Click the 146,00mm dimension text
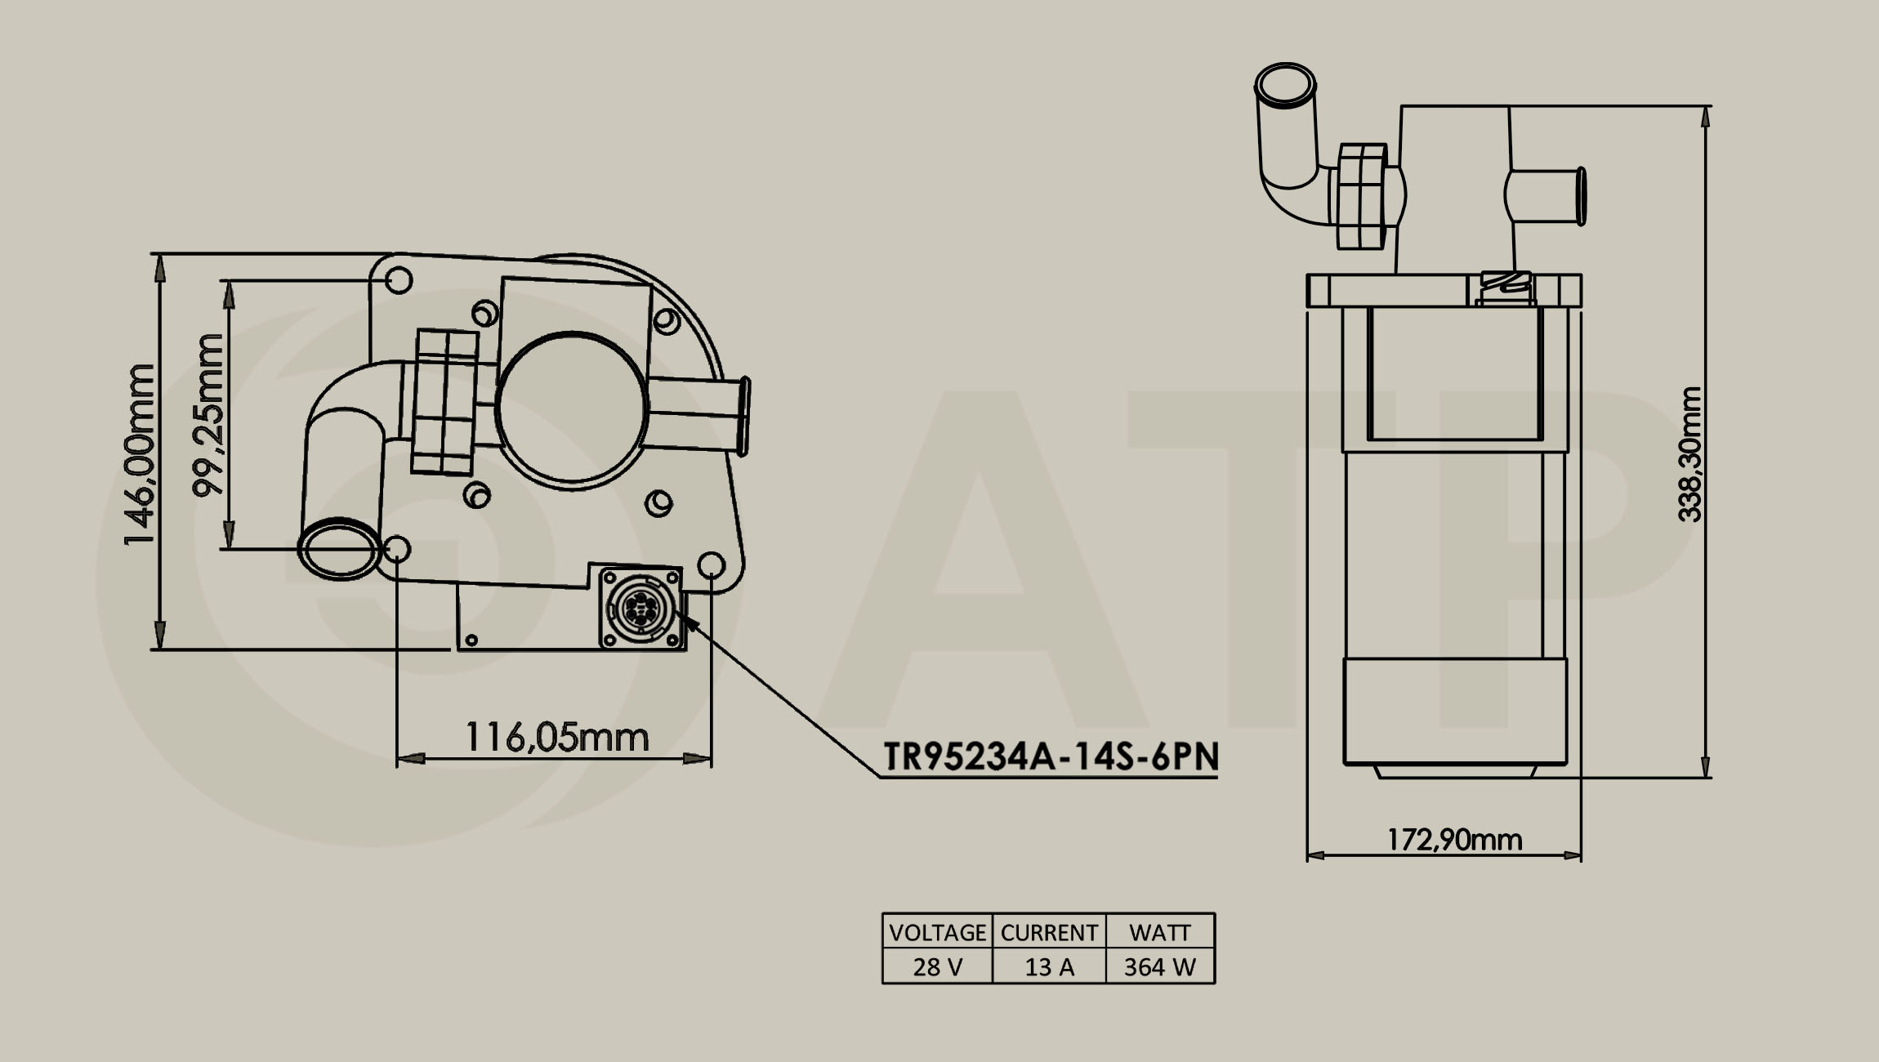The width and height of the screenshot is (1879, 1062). [x=138, y=455]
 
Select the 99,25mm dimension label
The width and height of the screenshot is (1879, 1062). [x=208, y=415]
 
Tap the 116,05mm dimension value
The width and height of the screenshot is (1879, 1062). [x=556, y=738]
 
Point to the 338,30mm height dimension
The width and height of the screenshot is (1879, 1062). [x=1689, y=454]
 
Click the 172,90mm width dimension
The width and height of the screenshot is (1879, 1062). [x=1455, y=840]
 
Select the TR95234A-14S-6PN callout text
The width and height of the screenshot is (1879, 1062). [x=1051, y=757]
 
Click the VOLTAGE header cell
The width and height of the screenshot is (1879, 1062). [x=937, y=932]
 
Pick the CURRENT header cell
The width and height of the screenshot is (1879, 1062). [x=1049, y=932]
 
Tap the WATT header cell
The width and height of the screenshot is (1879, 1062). [x=1160, y=932]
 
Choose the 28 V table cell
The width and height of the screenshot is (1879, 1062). [x=937, y=966]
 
